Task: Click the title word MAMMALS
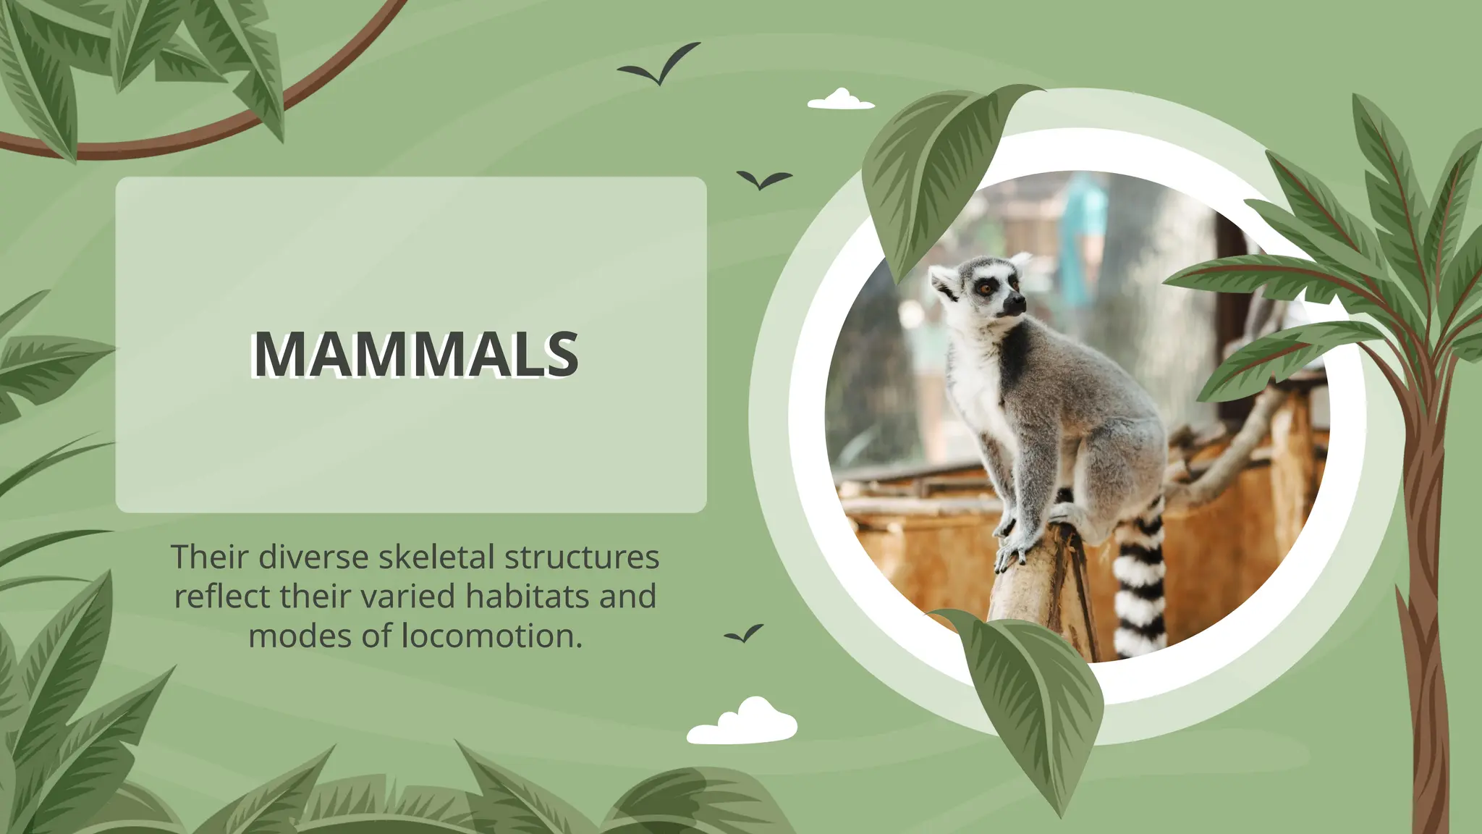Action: pyautogui.click(x=415, y=354)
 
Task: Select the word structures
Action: pyautogui.click(x=582, y=557)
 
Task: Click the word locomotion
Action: pyautogui.click(x=491, y=636)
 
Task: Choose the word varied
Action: pyautogui.click(x=409, y=597)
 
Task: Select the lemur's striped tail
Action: pyautogui.click(x=1140, y=586)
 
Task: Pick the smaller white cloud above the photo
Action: pyautogui.click(x=840, y=100)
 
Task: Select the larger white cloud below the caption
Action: pyautogui.click(x=743, y=723)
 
